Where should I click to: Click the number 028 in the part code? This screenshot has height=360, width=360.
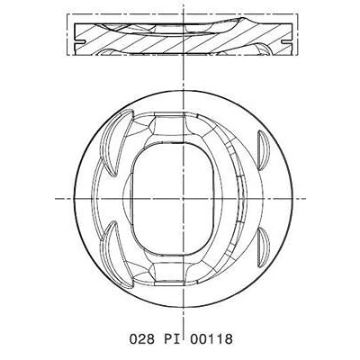click(x=142, y=339)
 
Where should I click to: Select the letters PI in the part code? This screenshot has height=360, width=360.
click(x=172, y=339)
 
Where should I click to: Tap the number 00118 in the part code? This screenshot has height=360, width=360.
click(x=211, y=339)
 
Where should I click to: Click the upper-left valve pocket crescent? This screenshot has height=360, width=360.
click(x=115, y=141)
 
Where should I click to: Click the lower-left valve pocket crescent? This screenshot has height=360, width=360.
click(x=115, y=255)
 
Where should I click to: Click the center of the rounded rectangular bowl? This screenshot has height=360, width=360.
click(x=173, y=199)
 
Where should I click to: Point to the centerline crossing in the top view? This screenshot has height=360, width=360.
click(x=183, y=199)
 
